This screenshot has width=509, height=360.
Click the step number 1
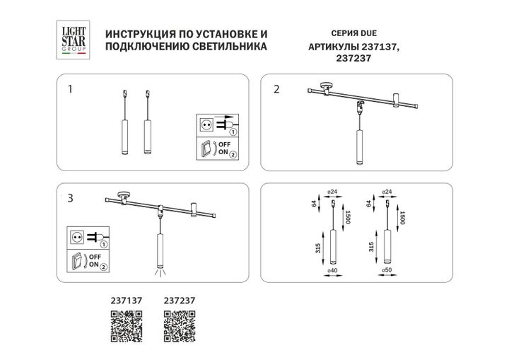click(x=70, y=90)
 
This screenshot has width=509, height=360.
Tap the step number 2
click(x=277, y=89)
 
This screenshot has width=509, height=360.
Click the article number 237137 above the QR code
click(x=127, y=300)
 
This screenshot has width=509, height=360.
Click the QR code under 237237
click(x=179, y=323)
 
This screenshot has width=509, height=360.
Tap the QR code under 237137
click(x=127, y=323)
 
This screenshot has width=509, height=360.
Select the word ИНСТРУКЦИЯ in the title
click(x=138, y=34)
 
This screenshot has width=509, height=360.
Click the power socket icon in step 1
click(x=207, y=124)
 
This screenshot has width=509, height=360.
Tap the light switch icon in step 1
click(x=207, y=150)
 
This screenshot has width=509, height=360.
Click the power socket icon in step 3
click(x=78, y=236)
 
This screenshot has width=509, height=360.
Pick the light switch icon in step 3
click(x=78, y=260)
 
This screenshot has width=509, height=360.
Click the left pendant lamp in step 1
click(x=124, y=134)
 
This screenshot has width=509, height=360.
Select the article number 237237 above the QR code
click(x=179, y=300)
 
